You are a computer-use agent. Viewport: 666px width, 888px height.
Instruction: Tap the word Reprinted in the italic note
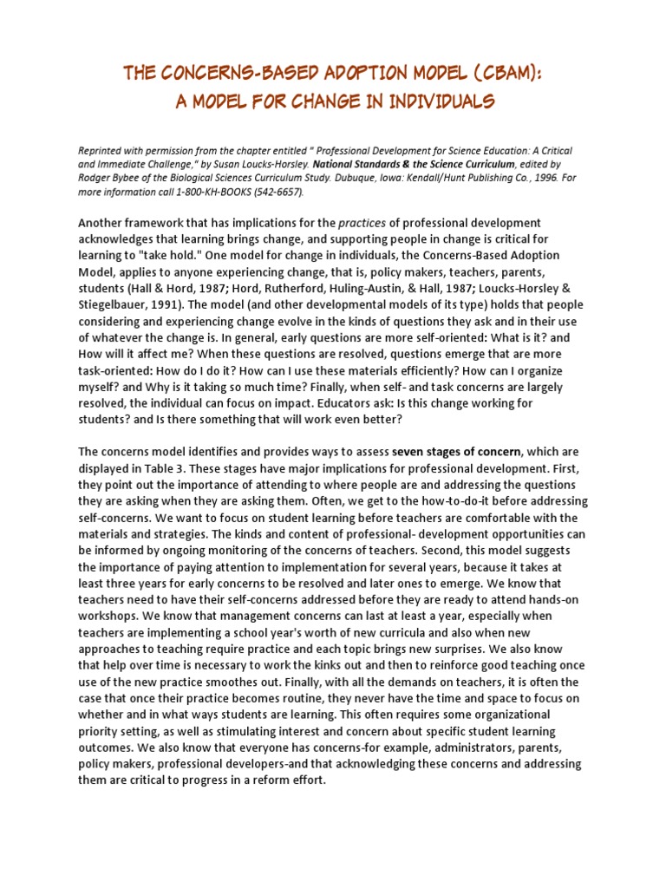tap(102, 151)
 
